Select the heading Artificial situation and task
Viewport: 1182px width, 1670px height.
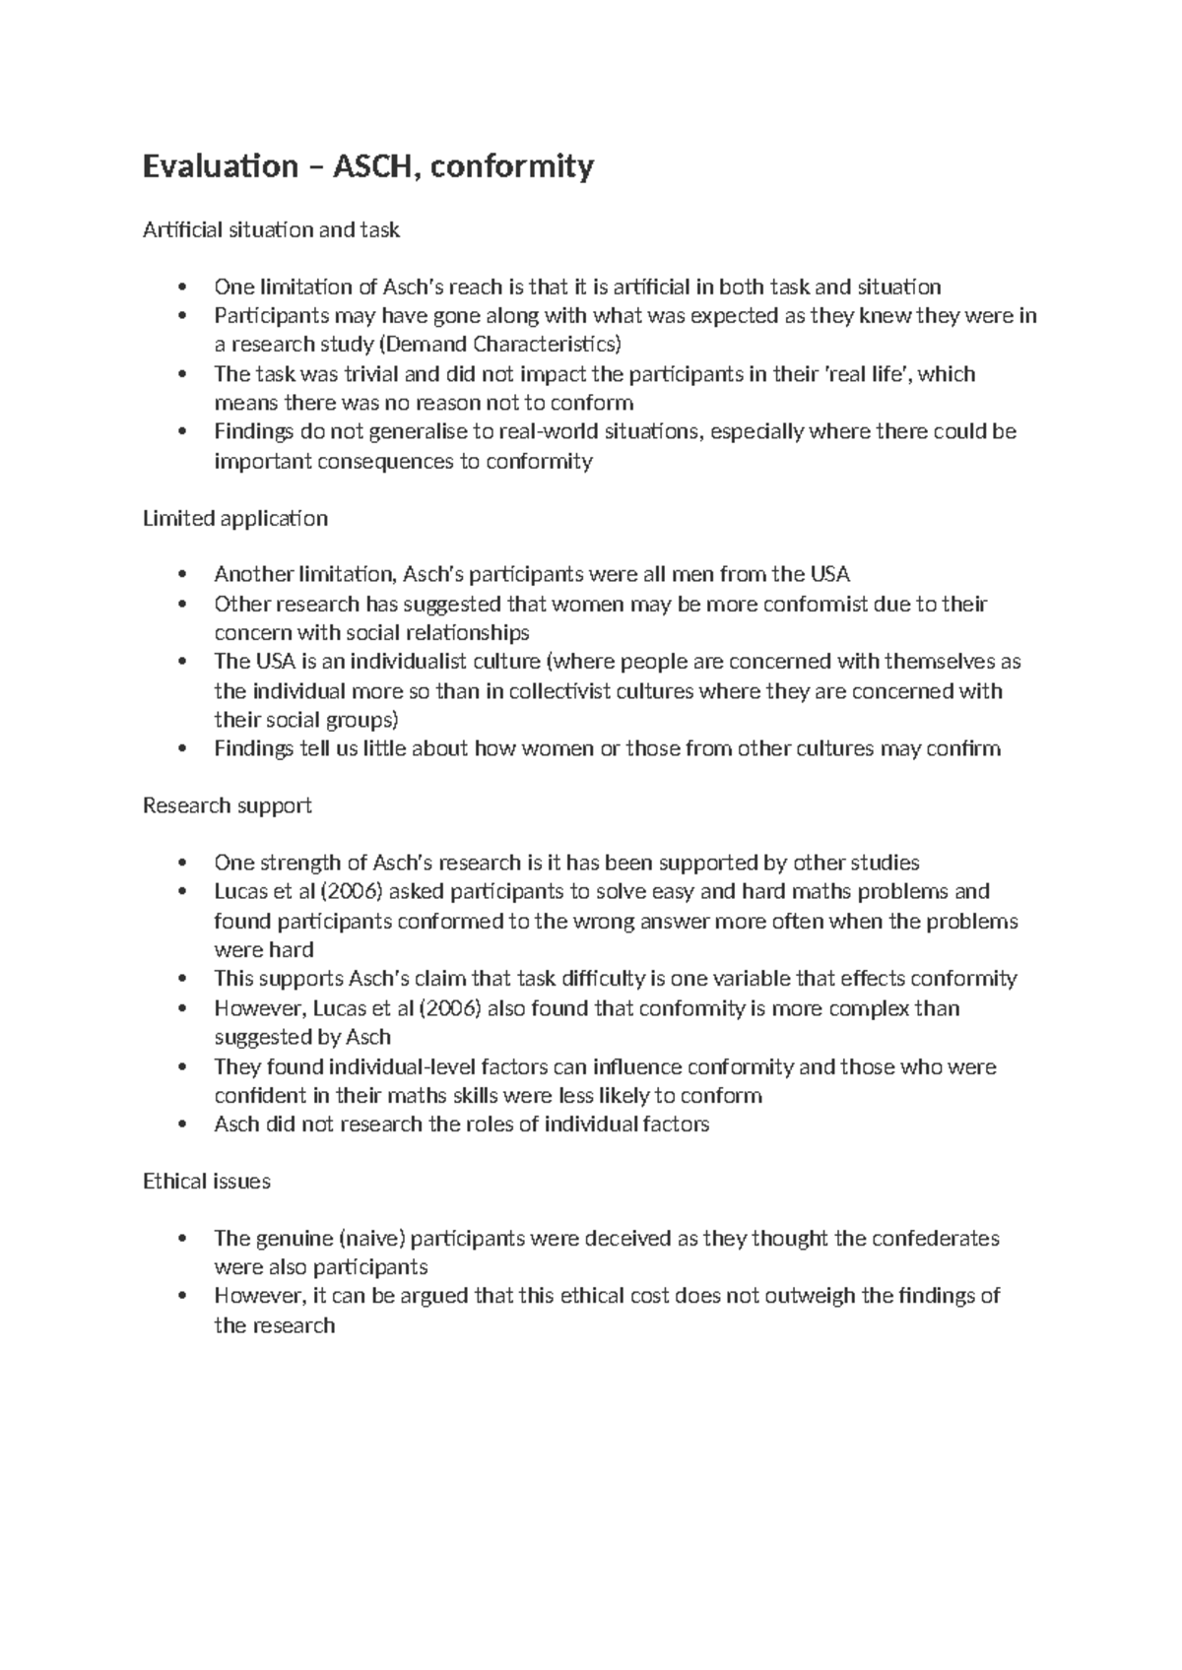coord(271,229)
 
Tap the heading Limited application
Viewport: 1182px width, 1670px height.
coord(234,518)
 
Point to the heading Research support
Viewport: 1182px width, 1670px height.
coord(227,805)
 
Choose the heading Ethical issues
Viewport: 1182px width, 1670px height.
coord(206,1181)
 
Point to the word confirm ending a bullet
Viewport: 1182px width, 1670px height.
coord(962,748)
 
